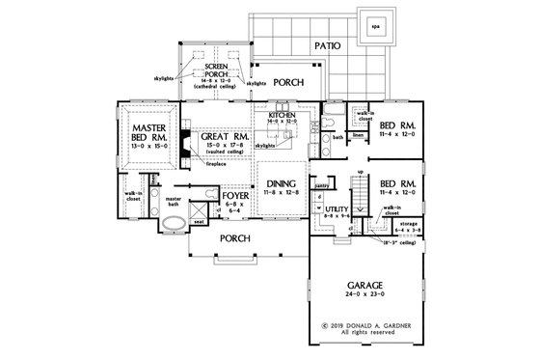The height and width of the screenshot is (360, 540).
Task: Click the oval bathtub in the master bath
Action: [x=174, y=228]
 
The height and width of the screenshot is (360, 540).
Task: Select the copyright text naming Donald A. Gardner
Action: [x=366, y=325]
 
